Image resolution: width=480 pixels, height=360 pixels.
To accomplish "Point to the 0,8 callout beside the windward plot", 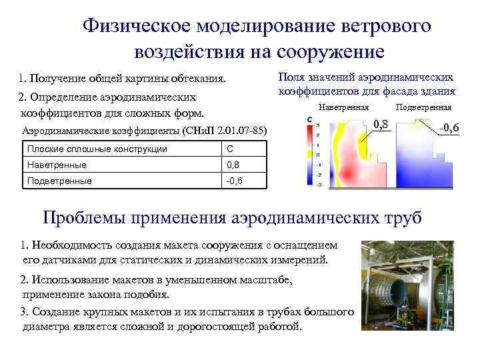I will pos(381,123).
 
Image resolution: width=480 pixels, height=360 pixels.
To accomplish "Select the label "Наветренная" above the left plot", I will pos(344,107).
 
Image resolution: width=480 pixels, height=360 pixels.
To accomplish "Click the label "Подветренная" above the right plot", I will pos(423,107).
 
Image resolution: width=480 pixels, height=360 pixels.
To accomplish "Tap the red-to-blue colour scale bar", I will pos(311,153).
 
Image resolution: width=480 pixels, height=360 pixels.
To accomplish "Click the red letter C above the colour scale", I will pos(311,119).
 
